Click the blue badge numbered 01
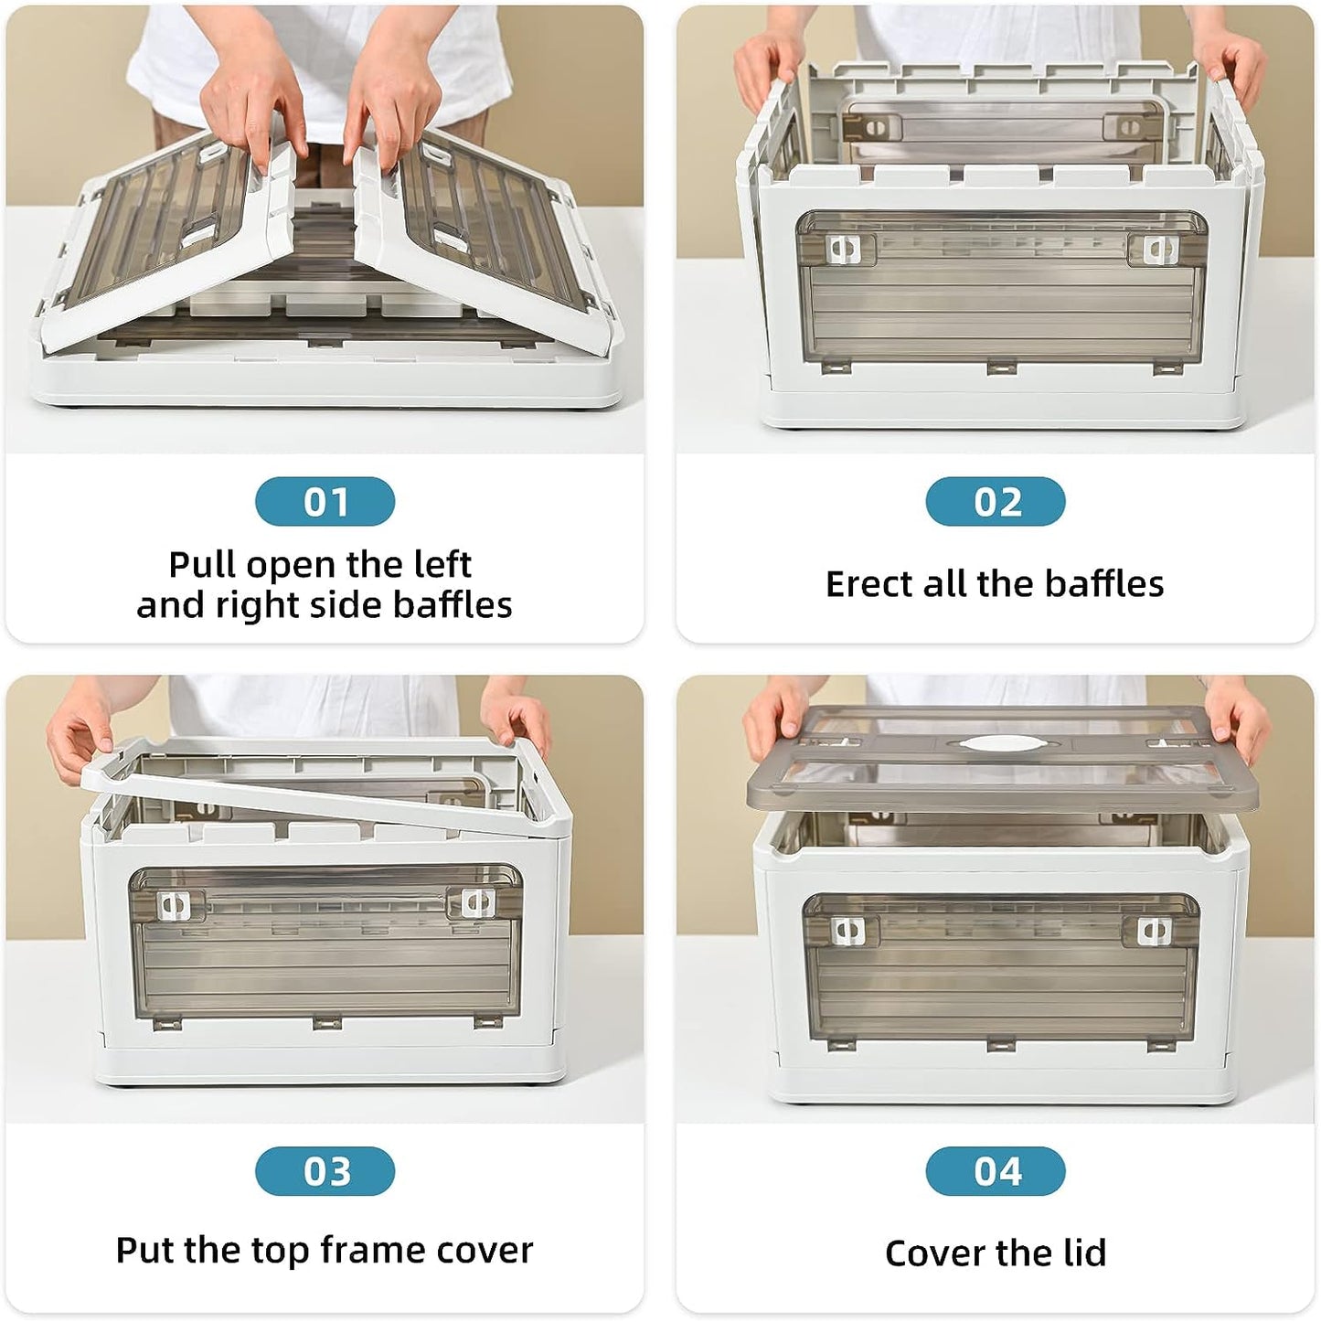325,502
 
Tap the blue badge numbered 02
995,502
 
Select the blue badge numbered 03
325,1171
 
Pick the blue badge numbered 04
995,1171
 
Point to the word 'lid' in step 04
1085,1253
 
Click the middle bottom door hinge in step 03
326,1023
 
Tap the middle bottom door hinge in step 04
1001,1046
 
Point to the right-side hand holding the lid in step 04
1236,724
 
